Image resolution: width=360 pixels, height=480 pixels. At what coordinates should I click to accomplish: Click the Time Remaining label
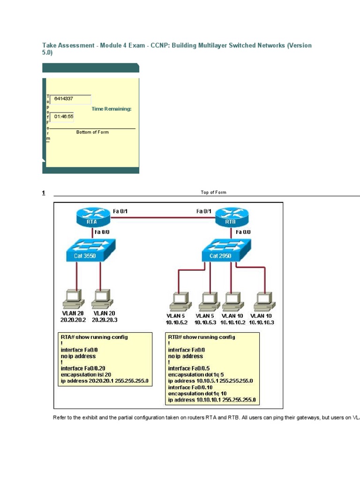112,109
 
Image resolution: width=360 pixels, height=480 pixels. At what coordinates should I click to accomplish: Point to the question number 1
43,193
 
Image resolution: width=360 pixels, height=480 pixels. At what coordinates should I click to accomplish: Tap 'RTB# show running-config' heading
202,337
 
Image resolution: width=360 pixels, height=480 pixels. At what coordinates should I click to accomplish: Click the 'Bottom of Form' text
92,132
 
